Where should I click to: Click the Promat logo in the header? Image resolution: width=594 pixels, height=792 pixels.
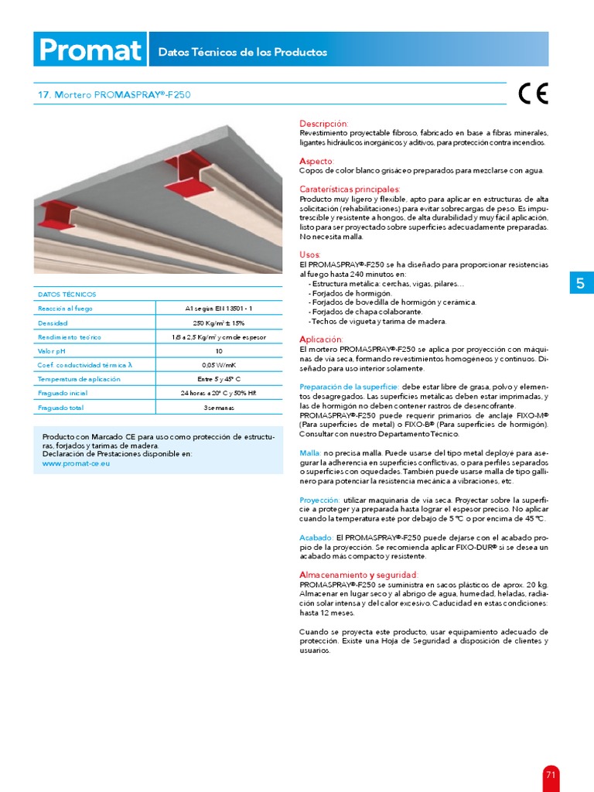(x=90, y=51)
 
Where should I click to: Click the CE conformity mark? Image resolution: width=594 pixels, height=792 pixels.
(x=533, y=94)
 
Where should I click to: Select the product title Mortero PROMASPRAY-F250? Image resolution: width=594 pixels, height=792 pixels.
(x=114, y=95)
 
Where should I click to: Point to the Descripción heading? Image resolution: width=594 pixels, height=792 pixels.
(x=324, y=124)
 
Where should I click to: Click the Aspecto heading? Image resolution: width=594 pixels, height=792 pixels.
(x=317, y=161)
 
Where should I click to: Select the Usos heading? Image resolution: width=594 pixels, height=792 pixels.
(x=310, y=254)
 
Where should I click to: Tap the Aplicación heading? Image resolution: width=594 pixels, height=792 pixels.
(x=321, y=340)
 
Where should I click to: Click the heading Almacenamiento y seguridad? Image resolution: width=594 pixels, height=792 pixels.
(x=358, y=575)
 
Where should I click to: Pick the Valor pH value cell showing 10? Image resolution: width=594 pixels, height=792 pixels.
(x=218, y=350)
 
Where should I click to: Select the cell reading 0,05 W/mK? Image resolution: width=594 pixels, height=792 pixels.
(x=218, y=364)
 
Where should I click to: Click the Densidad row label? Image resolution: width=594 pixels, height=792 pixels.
(x=53, y=323)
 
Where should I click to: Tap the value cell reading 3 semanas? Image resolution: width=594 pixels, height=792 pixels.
(x=218, y=407)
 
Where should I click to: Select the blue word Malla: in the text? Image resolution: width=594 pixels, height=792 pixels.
(x=310, y=452)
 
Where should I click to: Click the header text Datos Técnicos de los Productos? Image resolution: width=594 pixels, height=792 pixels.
(x=242, y=53)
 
